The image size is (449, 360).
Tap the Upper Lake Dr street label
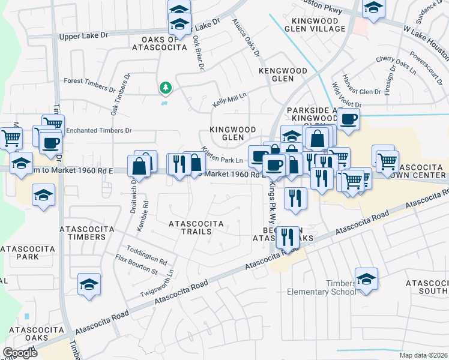(83, 36)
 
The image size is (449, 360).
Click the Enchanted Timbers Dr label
(98, 130)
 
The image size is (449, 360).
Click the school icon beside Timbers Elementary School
(366, 279)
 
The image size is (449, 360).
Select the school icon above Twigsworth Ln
(89, 284)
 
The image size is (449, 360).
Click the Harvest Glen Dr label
(360, 92)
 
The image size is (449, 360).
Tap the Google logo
(20, 353)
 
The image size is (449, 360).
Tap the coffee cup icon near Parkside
(348, 119)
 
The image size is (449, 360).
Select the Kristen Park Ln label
(221, 155)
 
